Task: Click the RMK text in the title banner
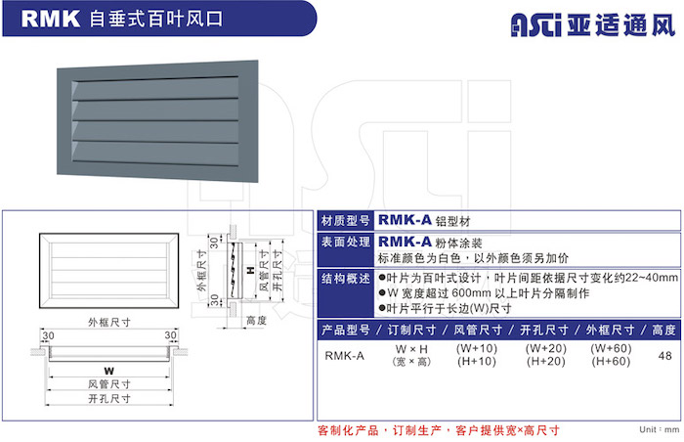click(x=51, y=20)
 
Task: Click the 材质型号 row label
click(x=345, y=221)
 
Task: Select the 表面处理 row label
click(x=345, y=242)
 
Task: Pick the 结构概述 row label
click(x=345, y=279)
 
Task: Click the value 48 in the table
click(x=664, y=356)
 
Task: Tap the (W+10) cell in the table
click(x=477, y=348)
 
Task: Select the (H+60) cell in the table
click(x=611, y=362)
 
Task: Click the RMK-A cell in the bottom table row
click(x=344, y=356)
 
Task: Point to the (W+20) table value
click(x=545, y=348)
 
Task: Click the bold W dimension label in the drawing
click(x=108, y=372)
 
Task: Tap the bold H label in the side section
click(x=250, y=270)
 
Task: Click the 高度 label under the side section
click(x=256, y=321)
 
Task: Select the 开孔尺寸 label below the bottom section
click(x=109, y=398)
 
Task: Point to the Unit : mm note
click(x=660, y=429)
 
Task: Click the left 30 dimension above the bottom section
click(x=49, y=335)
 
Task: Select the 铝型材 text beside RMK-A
click(x=452, y=221)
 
